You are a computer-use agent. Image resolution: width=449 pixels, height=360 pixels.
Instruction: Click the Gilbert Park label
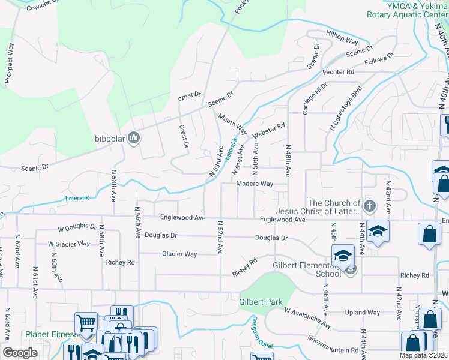click(x=261, y=302)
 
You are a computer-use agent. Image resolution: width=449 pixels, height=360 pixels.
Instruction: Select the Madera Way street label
click(x=255, y=184)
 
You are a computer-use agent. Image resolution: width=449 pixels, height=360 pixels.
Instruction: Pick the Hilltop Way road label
click(x=342, y=38)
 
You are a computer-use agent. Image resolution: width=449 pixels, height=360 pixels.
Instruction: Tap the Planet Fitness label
click(x=51, y=334)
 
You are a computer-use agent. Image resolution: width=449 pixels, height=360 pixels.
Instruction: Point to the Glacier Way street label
click(x=179, y=254)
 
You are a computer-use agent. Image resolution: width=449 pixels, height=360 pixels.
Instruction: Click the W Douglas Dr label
click(x=77, y=229)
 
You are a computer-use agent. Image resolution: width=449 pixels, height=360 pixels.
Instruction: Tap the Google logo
click(x=20, y=353)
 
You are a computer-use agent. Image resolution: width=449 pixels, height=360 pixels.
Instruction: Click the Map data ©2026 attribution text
click(x=423, y=355)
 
